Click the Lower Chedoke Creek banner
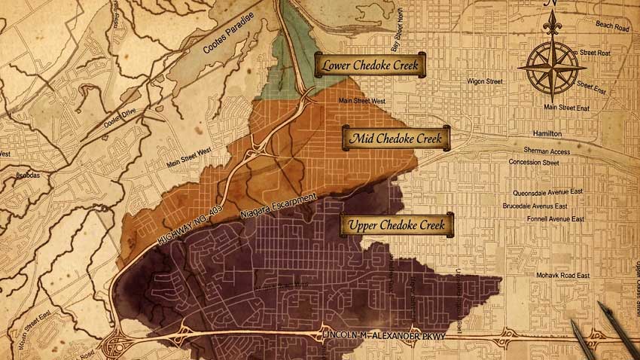(x=370, y=66)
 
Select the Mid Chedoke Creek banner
(x=396, y=139)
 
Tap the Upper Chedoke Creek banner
(x=397, y=224)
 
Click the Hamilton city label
(x=546, y=133)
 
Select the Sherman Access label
(x=549, y=151)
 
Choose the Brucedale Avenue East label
(x=545, y=205)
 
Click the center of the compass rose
(x=553, y=66)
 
